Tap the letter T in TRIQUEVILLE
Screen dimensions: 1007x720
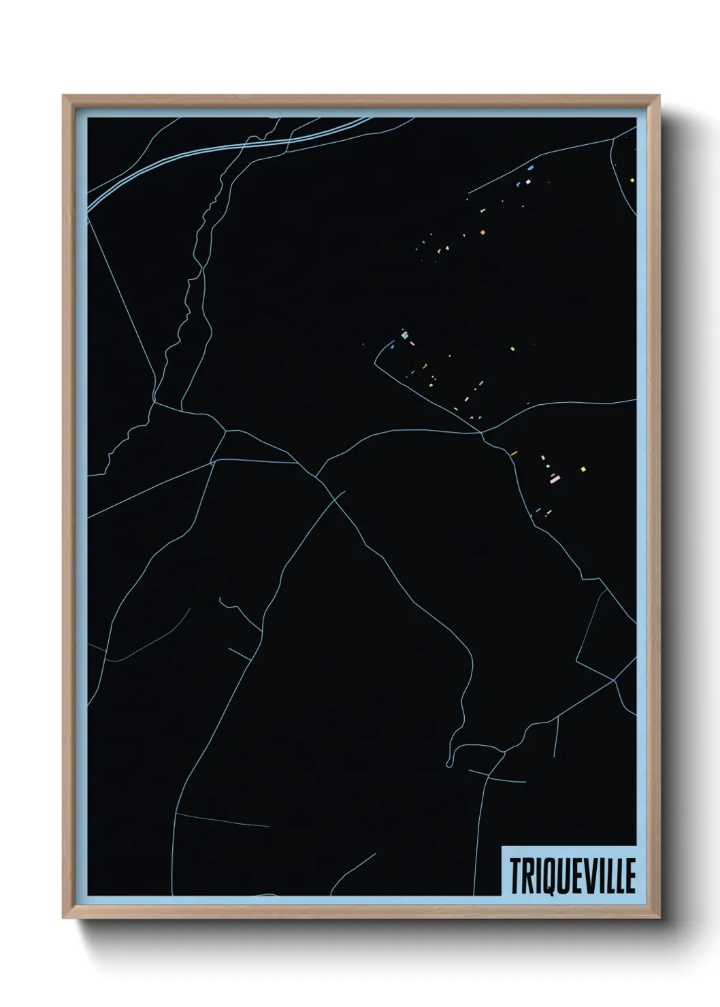[514, 875]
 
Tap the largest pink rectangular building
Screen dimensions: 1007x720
[555, 480]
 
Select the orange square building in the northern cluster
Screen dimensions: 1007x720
[482, 233]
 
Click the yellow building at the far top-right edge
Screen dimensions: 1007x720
[632, 180]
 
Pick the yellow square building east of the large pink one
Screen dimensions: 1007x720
[583, 468]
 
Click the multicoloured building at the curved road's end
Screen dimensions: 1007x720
[404, 335]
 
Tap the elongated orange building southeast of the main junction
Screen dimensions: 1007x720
[514, 452]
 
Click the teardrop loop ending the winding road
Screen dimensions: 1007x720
[450, 760]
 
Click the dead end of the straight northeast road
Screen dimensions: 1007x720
[469, 194]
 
